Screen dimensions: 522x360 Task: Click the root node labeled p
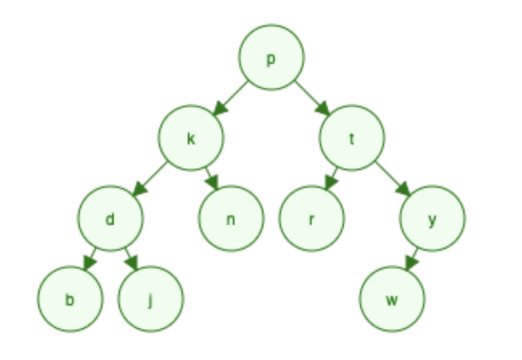[271, 57]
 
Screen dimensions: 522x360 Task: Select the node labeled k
[191, 138]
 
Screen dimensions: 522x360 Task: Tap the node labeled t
[352, 138]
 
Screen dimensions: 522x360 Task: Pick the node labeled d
[111, 218]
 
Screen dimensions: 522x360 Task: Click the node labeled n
[231, 218]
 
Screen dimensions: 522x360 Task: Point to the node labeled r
[311, 218]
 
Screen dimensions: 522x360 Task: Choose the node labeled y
[433, 218]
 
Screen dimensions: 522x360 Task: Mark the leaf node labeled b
[70, 299]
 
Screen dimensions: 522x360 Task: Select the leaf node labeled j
[150, 299]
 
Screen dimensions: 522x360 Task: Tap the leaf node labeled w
[391, 299]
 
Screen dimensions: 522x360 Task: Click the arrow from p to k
[230, 98]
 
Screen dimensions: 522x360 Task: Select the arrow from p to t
[312, 98]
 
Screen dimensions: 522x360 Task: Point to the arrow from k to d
[150, 179]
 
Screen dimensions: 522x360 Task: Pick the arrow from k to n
[212, 179]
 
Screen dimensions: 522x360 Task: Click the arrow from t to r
[332, 179]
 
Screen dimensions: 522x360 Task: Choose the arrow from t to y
[393, 179]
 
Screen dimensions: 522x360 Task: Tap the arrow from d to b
[90, 259]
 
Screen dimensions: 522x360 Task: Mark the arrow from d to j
[131, 259]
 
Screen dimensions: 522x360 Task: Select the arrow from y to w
[412, 259]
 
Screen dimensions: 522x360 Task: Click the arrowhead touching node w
[411, 263]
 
